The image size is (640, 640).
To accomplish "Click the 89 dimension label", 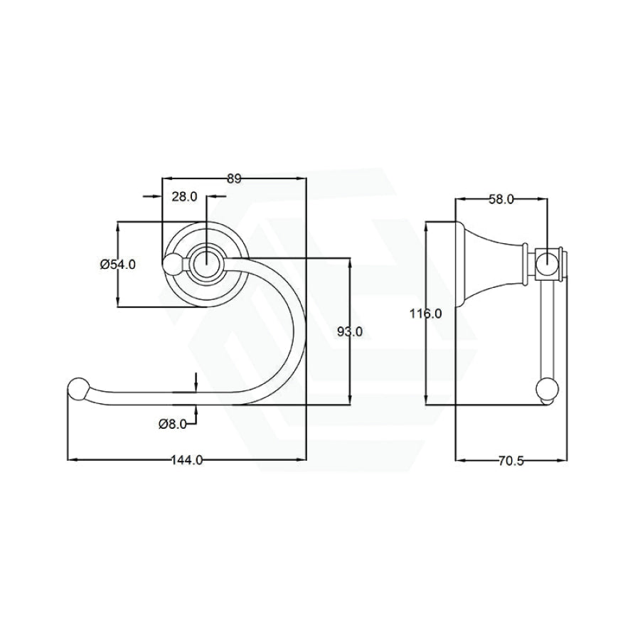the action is click(x=234, y=178).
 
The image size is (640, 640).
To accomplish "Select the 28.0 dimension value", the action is click(x=184, y=197).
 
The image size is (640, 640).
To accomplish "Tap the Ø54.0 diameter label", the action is click(x=117, y=265).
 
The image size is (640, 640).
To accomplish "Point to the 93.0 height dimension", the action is click(x=350, y=332).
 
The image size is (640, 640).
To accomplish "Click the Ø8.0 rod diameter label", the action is click(x=173, y=424).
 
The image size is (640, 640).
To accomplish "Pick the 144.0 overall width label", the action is click(x=187, y=460).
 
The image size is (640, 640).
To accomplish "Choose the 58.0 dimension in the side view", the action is click(x=501, y=199).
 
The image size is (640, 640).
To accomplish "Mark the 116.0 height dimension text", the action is click(x=426, y=314).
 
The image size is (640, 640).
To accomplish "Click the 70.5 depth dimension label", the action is click(x=511, y=461).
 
